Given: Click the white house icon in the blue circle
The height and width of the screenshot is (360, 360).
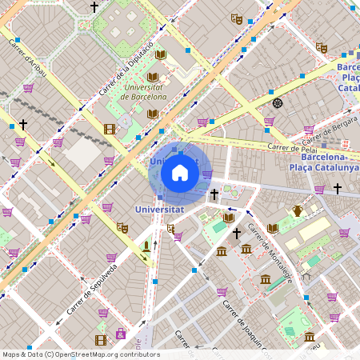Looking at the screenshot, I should pos(180,173).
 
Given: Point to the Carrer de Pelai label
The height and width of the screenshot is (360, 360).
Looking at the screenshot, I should pos(289,148).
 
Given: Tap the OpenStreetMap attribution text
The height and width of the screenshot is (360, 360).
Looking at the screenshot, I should pos(81,354).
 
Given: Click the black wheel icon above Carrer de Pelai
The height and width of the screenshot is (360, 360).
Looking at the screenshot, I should pos(278,102).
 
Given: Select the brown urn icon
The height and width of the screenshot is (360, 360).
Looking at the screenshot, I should pos(298,211).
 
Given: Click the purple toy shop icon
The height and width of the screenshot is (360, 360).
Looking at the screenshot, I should pos(121,333).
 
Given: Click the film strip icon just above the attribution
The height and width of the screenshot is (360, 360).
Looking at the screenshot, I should pos(100,340).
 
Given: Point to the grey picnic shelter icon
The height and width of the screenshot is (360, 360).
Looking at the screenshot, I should pos(306,277).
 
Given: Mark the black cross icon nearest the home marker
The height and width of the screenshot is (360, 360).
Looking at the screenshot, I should pos(214,194).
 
